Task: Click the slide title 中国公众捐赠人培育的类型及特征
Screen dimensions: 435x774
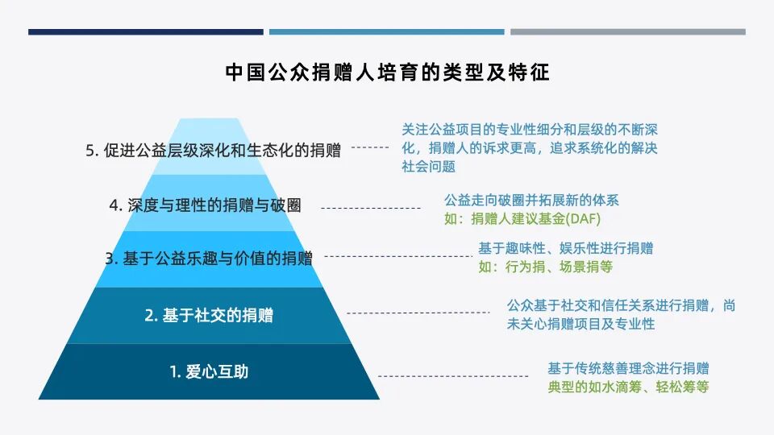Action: tap(387, 72)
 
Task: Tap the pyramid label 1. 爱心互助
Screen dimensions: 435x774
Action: tap(209, 372)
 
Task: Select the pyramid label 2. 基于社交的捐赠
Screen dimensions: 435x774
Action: tap(209, 315)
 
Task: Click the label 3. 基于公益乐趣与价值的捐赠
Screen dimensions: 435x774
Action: tap(209, 259)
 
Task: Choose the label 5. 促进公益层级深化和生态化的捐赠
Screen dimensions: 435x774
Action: tap(213, 151)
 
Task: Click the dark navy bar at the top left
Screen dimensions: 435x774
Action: tap(146, 32)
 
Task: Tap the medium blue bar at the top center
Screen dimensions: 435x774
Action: tap(386, 32)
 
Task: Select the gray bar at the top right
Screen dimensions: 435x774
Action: tap(627, 32)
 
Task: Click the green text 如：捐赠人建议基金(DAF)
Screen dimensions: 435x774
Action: tap(522, 218)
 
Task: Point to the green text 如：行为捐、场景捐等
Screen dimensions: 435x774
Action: tap(545, 267)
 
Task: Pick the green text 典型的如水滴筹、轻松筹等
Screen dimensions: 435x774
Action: tap(628, 387)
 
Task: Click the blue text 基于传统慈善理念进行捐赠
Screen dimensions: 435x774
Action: tap(628, 368)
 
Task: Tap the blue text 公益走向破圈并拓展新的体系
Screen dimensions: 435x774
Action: tap(531, 200)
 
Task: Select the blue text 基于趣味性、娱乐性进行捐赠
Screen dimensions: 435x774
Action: tap(565, 248)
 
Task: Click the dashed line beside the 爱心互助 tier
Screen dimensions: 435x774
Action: tap(452, 376)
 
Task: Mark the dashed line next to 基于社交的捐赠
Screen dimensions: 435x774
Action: tap(418, 313)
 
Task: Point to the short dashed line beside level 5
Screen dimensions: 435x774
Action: tap(371, 147)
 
